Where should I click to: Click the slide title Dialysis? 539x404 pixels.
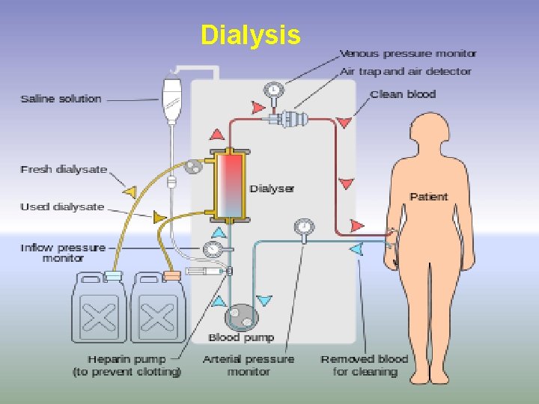[251, 35]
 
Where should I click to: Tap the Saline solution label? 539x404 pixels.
[61, 99]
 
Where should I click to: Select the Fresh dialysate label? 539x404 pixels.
[64, 170]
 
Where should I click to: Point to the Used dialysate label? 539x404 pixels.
[62, 206]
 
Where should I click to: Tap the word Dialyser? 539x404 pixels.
[272, 189]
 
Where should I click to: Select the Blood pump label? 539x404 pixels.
[241, 337]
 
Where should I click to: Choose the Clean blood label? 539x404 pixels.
[403, 94]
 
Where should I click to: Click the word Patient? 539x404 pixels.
[429, 197]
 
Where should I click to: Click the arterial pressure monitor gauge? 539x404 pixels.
[304, 226]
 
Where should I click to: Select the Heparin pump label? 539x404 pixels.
[127, 365]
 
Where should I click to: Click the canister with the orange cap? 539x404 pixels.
[159, 308]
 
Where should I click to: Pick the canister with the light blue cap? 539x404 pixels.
[100, 308]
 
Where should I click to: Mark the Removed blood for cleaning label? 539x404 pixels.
[365, 365]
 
